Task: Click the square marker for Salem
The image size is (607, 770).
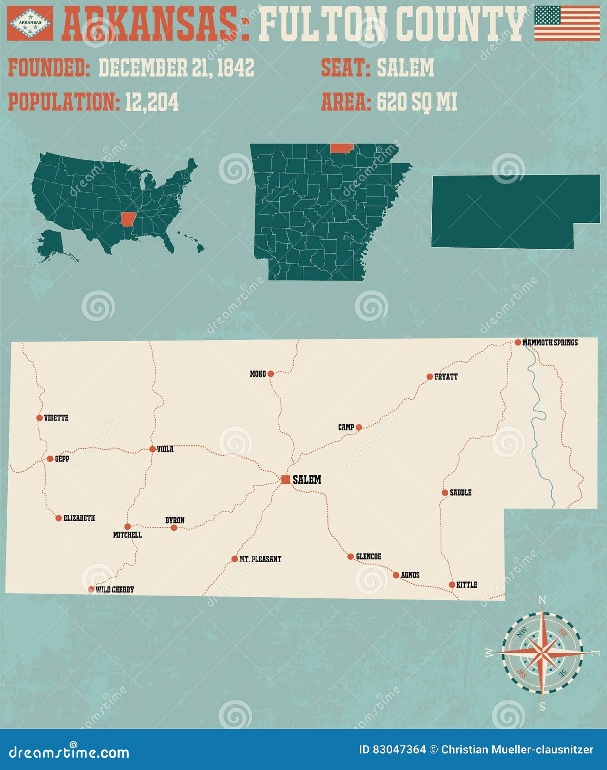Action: click(286, 479)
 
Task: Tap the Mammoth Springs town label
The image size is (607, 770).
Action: click(550, 342)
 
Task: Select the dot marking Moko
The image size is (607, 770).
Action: click(270, 374)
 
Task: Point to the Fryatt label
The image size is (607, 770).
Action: click(446, 377)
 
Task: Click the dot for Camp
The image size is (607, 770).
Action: click(359, 427)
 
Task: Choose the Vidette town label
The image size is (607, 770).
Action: click(56, 418)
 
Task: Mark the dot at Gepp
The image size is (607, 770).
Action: click(50, 459)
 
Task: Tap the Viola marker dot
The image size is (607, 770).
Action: click(153, 449)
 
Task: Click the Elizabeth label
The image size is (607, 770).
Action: click(79, 518)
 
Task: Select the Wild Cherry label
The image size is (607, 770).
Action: click(115, 590)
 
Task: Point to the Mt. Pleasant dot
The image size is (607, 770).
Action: click(235, 559)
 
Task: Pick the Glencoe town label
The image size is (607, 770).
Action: click(368, 556)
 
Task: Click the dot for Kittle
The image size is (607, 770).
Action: click(452, 585)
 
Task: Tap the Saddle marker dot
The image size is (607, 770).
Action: click(445, 493)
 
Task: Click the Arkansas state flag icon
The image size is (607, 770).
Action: click(30, 23)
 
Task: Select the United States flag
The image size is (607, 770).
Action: click(567, 23)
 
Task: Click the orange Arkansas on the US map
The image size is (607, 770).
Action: click(128, 219)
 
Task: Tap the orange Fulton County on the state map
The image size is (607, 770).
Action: click(341, 148)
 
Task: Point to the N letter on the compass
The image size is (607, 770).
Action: click(542, 600)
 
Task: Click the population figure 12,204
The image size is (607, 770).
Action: click(152, 102)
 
